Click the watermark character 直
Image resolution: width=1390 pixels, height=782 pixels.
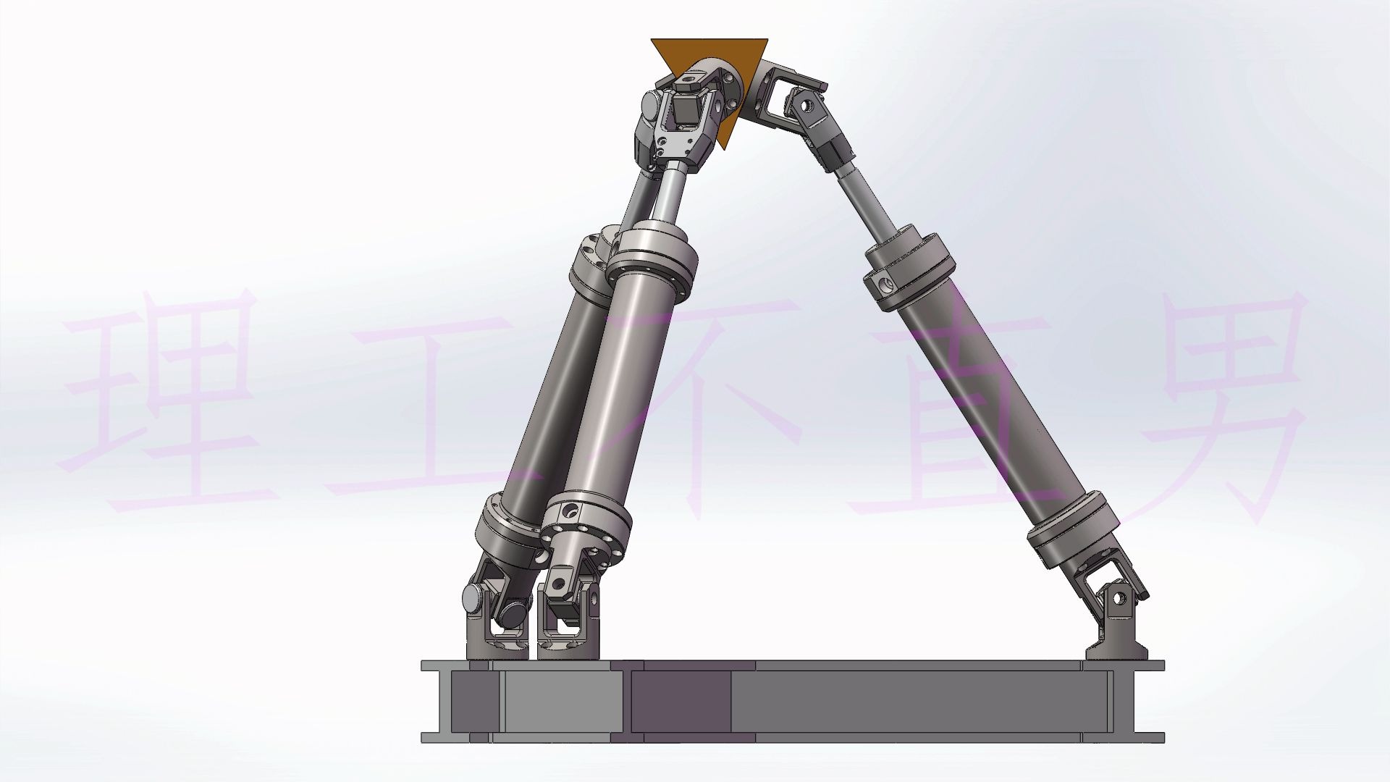click(x=934, y=413)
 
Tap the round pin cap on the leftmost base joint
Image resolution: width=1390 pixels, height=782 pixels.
click(x=475, y=598)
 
